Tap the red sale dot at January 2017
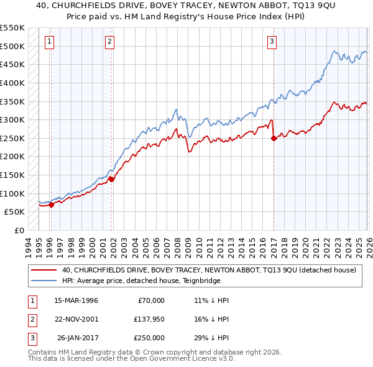pos(274,139)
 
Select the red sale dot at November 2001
pos(111,179)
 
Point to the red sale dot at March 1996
pos(51,205)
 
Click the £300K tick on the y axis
pos(12,119)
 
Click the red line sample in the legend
pos(43,270)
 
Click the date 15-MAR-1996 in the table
pos(76,300)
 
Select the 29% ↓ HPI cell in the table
pos(211,338)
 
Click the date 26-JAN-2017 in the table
pos(76,338)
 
